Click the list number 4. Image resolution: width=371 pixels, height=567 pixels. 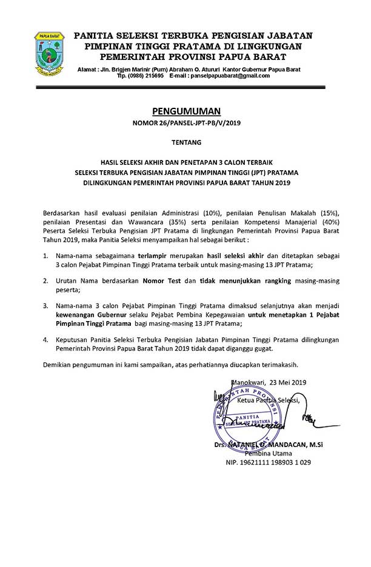pos(45,340)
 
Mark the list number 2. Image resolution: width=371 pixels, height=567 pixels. pos(45,282)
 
